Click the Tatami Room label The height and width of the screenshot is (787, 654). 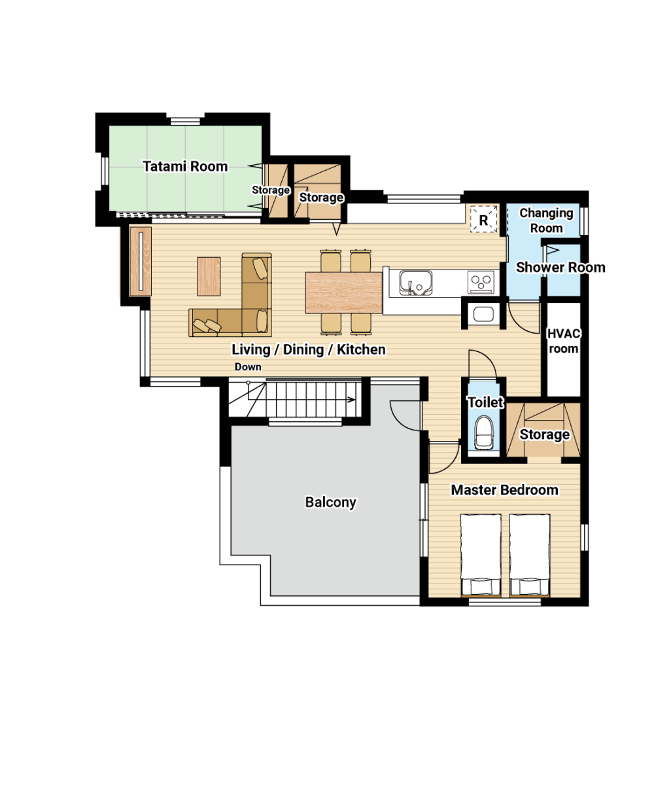[185, 166]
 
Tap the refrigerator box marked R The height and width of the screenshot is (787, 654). [483, 219]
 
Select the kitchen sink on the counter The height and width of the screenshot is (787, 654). [415, 283]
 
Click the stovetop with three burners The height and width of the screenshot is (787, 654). [481, 282]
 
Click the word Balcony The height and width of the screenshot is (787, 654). [330, 502]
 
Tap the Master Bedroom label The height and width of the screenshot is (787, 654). [504, 490]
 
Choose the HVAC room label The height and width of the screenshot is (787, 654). [563, 341]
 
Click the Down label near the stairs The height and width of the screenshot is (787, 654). [248, 367]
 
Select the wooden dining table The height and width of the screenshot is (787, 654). [343, 292]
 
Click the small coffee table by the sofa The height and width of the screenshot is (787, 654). [209, 276]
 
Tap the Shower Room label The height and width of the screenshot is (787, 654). [560, 267]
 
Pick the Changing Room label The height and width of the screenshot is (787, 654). [546, 220]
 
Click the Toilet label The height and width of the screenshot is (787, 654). [485, 402]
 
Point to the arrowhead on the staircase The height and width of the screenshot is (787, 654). [351, 400]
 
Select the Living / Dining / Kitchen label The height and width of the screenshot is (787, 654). [309, 349]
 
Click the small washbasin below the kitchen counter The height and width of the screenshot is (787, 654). [483, 314]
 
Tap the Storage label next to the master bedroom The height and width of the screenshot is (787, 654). [544, 434]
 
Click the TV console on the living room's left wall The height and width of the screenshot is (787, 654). [140, 261]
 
